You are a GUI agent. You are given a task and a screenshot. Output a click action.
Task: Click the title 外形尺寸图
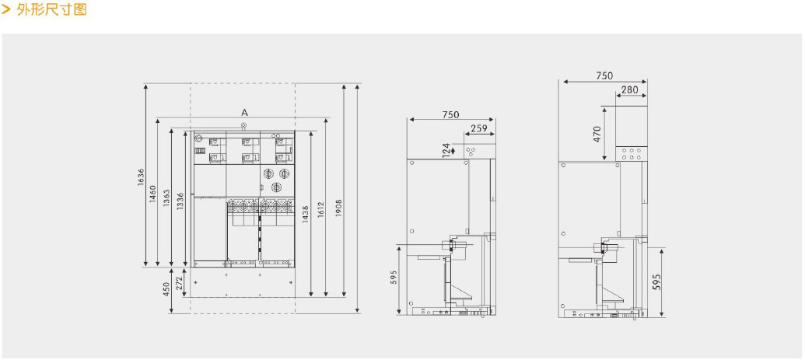pyautogui.click(x=52, y=9)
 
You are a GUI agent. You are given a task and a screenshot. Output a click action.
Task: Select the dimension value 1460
pyautogui.click(x=153, y=194)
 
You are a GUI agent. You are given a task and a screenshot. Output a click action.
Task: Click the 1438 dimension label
pyautogui.click(x=306, y=214)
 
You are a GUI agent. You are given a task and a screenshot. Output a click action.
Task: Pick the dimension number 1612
pyautogui.click(x=321, y=211)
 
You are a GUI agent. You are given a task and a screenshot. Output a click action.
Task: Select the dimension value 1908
pyautogui.click(x=338, y=208)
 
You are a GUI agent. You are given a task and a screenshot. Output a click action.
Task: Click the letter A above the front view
pyautogui.click(x=244, y=112)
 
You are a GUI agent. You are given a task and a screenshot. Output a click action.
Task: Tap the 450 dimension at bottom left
pyautogui.click(x=166, y=290)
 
